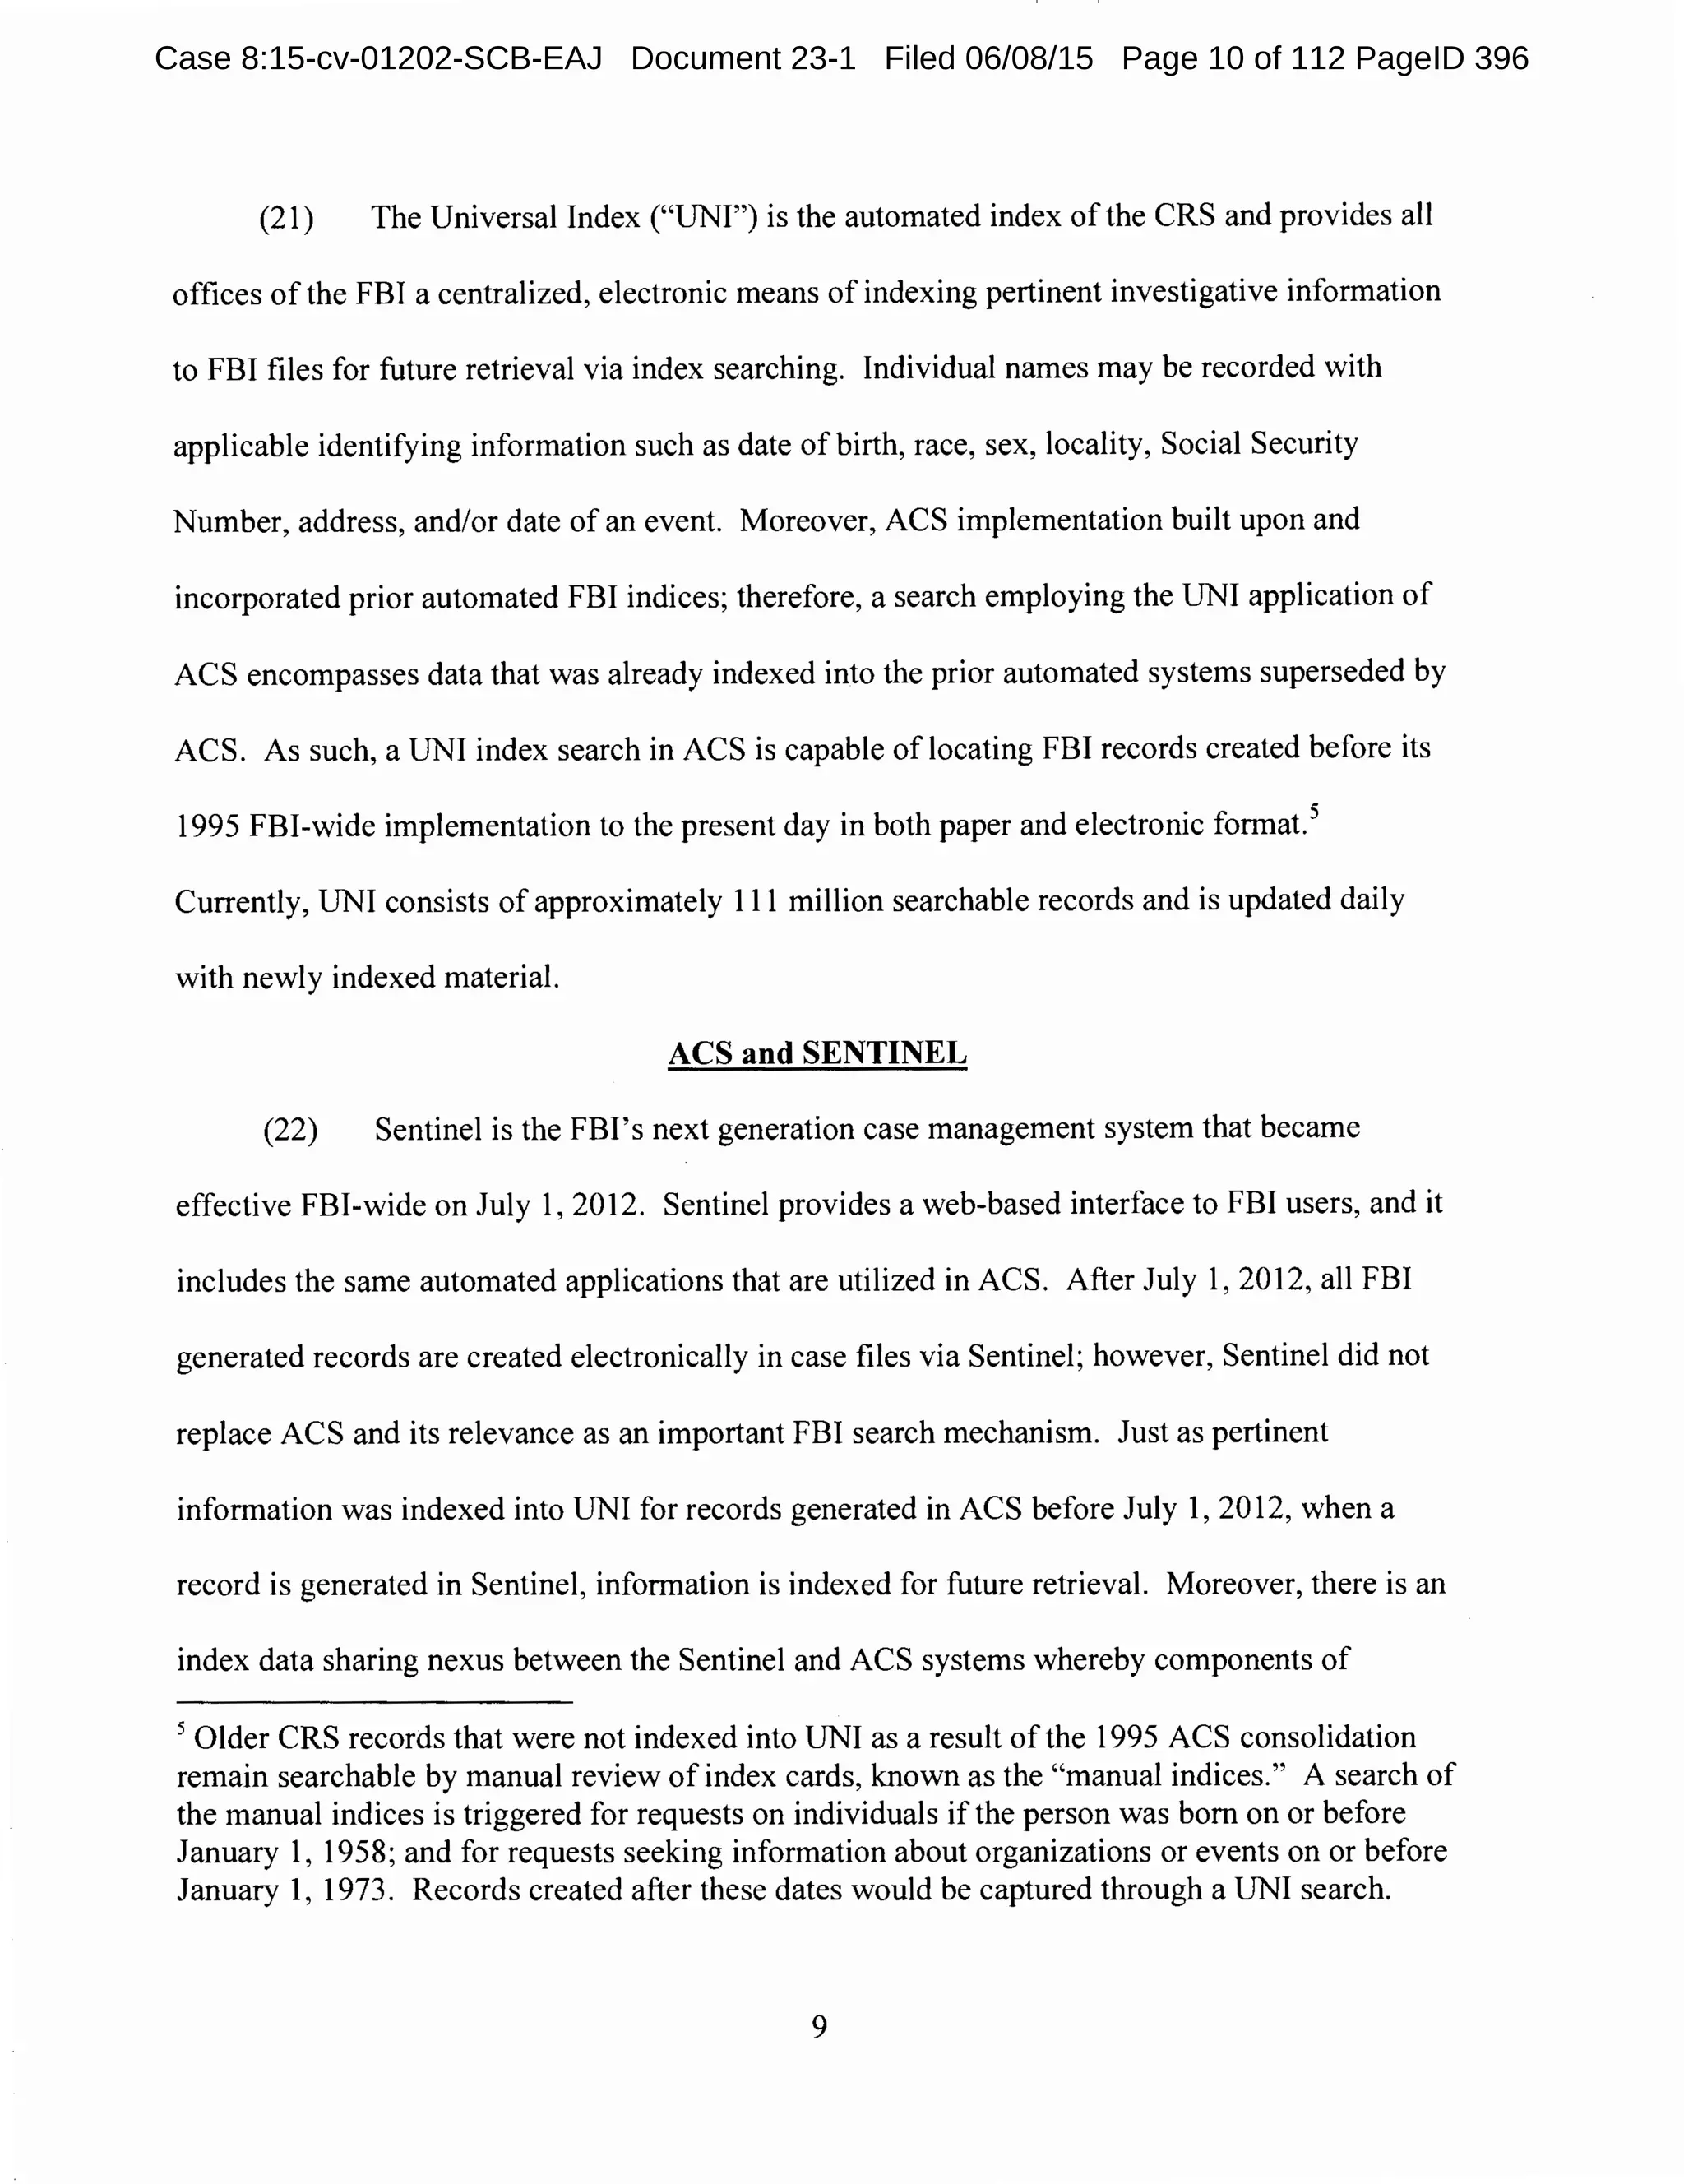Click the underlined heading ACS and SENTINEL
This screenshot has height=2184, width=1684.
click(817, 1053)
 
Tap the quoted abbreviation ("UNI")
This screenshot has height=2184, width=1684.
click(703, 217)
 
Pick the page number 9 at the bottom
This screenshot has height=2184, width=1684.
click(819, 2027)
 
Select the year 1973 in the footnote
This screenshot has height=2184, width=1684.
click(354, 1890)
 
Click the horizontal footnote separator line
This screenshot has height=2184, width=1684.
click(374, 1702)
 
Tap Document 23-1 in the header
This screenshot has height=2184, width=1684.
click(743, 59)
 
